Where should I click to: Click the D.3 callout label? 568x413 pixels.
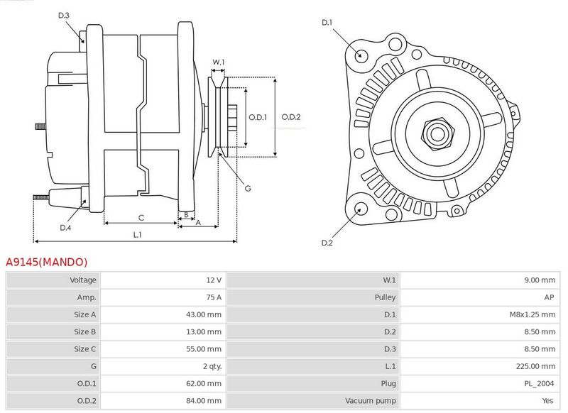[x=63, y=15]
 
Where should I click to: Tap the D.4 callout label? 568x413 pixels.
[x=65, y=228]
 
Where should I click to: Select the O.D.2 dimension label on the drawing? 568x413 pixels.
[x=291, y=117]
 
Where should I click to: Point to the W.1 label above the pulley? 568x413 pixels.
[x=219, y=62]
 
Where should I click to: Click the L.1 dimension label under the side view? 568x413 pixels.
[x=137, y=235]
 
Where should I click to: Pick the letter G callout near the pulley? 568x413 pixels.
[x=248, y=188]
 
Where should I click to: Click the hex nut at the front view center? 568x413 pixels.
[x=437, y=133]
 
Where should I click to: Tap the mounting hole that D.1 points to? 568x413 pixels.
[x=360, y=55]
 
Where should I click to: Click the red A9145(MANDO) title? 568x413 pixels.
[x=46, y=262]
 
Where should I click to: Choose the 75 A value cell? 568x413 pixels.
[x=214, y=297]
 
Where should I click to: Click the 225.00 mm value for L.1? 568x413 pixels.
[x=535, y=366]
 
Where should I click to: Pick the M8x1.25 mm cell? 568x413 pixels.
[x=532, y=314]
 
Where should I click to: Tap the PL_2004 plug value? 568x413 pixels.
[x=539, y=383]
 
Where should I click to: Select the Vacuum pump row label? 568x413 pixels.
[x=370, y=401]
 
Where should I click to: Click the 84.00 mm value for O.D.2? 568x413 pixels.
[x=204, y=401]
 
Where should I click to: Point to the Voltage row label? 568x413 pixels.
[x=83, y=280]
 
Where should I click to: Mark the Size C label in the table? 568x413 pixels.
[x=84, y=349]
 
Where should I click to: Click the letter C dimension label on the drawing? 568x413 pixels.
[x=141, y=218]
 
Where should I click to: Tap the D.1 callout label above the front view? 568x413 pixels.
[x=327, y=23]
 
